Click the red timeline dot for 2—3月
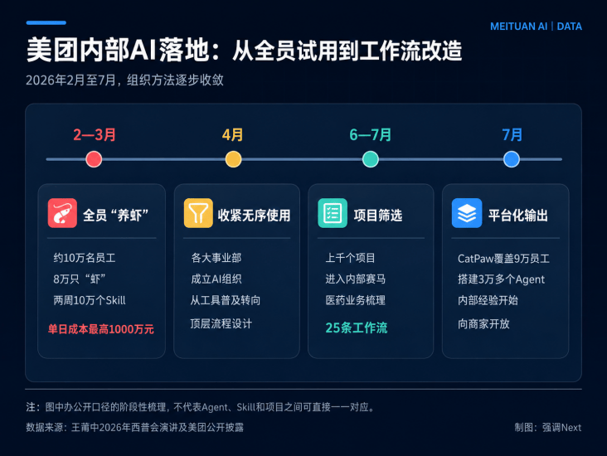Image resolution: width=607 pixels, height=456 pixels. tap(94, 159)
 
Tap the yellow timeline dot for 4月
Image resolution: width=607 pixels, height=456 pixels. tap(234, 159)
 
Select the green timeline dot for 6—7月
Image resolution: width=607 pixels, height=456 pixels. tap(371, 159)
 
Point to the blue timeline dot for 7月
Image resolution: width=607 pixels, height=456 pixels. tap(512, 159)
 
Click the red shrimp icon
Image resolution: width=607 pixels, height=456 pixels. tap(62, 213)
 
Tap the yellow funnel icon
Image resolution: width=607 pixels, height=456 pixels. tap(198, 213)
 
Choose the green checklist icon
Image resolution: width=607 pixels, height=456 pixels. tap(333, 213)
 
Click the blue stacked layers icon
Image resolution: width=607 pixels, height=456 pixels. tap(467, 213)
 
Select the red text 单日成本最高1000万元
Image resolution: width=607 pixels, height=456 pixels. tap(100, 329)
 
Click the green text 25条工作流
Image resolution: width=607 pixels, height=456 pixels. tap(356, 327)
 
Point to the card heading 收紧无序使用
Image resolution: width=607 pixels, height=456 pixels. tap(254, 216)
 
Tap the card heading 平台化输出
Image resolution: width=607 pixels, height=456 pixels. tap(518, 216)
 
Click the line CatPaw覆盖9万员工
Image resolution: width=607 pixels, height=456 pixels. tap(503, 258)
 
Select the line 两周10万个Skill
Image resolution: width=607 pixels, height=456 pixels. tap(90, 300)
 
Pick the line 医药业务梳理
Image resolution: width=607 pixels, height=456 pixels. tap(356, 300)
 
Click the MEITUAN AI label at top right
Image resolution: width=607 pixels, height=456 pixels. tap(519, 27)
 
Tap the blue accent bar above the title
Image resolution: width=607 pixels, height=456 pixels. tap(46, 23)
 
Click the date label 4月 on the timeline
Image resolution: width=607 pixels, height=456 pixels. tap(233, 134)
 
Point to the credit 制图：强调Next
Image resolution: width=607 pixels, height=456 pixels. tap(548, 427)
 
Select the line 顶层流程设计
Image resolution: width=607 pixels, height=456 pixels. tap(221, 323)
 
